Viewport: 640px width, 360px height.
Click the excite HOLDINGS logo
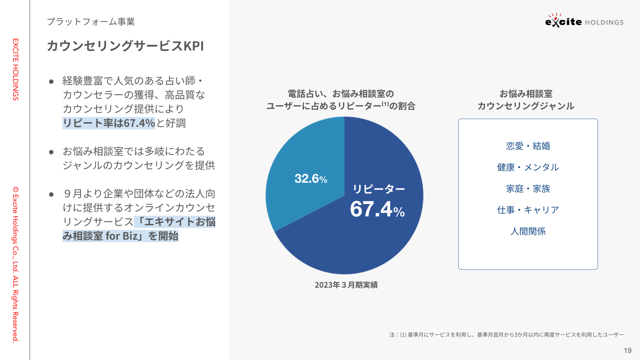point(584,21)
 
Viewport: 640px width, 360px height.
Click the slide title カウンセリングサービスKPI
point(125,46)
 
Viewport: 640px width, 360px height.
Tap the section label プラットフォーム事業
point(91,22)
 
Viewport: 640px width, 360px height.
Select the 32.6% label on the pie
point(311,179)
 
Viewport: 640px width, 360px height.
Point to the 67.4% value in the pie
point(377,209)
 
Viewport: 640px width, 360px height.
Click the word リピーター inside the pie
point(379,189)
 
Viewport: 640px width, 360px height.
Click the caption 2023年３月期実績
point(346,285)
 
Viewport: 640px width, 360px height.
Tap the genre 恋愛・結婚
point(528,146)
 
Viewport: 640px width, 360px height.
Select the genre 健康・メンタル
point(528,167)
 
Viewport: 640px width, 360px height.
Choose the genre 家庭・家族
point(528,189)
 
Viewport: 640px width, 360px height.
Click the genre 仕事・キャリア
point(528,210)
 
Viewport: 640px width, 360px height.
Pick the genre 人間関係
point(528,231)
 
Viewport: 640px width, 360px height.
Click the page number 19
point(628,351)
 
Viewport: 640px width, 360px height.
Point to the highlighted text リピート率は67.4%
point(109,123)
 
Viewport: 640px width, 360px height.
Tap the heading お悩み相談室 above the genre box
point(526,94)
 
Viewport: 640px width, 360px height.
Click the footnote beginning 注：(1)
point(506,335)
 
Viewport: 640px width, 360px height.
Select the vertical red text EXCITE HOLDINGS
point(16,69)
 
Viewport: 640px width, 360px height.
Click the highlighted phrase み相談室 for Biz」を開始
point(120,236)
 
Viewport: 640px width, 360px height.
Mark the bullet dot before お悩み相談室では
point(51,152)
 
